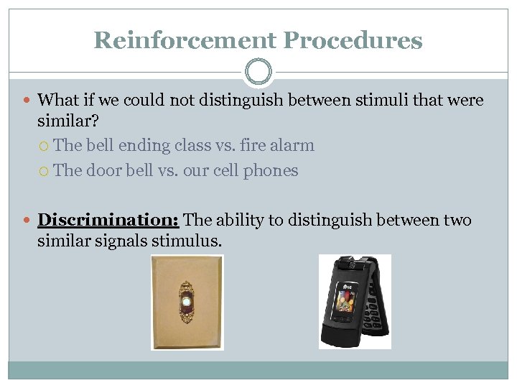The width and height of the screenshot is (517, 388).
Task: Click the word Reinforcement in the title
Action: (x=174, y=40)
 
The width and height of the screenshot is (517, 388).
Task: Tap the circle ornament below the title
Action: (x=258, y=72)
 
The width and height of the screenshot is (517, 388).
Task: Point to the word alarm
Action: (x=292, y=145)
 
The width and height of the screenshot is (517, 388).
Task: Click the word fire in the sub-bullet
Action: (x=252, y=145)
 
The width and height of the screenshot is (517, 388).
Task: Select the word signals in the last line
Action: (x=118, y=240)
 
